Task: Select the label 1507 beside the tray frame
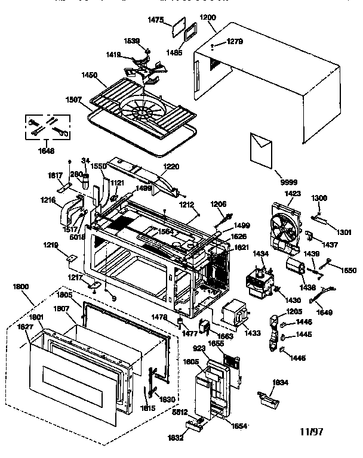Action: point(75,100)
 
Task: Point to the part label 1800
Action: point(21,287)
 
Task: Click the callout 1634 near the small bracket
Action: point(281,382)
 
